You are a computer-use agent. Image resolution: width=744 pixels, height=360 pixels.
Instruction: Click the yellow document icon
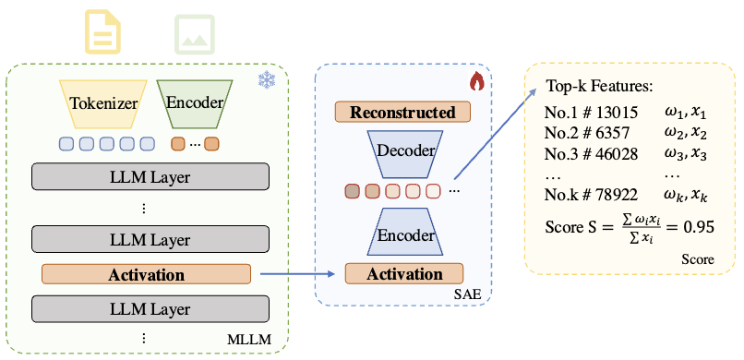pos(103,32)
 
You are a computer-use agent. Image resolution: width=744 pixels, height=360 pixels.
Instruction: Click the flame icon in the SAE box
pos(476,82)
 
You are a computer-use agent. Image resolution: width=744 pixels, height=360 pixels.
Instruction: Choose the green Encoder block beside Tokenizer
pos(194,103)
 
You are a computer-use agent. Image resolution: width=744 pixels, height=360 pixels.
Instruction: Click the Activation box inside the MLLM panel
pos(146,274)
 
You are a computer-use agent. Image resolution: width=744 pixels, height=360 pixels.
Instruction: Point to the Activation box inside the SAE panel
pos(406,274)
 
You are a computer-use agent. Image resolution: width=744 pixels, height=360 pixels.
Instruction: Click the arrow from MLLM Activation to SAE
pos(295,274)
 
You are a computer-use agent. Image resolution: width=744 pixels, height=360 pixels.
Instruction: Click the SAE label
pos(471,294)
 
